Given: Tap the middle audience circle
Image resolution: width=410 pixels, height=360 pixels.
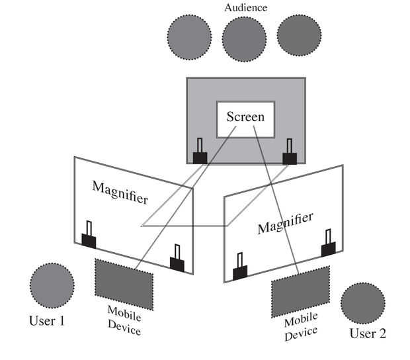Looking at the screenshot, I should (244, 38).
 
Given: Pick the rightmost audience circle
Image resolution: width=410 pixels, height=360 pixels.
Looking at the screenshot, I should (298, 36).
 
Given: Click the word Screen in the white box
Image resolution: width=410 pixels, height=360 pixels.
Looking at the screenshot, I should (245, 118).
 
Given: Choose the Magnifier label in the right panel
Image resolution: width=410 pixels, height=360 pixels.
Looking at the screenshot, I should (285, 222).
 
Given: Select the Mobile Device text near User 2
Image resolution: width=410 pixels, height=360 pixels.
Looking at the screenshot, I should (302, 328).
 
